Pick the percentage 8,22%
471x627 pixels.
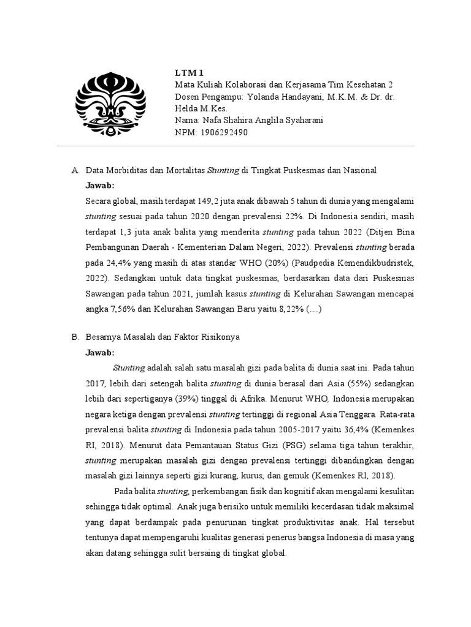pyautogui.click(x=281, y=310)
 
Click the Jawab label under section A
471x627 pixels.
pyautogui.click(x=100, y=185)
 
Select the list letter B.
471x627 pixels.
pyautogui.click(x=75, y=337)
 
